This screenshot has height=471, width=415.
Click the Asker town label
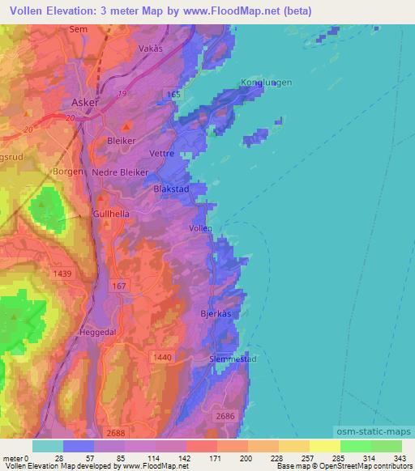85,103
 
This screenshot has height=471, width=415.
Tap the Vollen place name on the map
200,229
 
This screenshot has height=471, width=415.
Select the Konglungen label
266,83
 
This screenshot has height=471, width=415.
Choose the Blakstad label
171,189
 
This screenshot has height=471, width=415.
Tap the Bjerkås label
216,312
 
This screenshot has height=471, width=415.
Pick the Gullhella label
111,214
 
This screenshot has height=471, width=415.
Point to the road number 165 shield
171,95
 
